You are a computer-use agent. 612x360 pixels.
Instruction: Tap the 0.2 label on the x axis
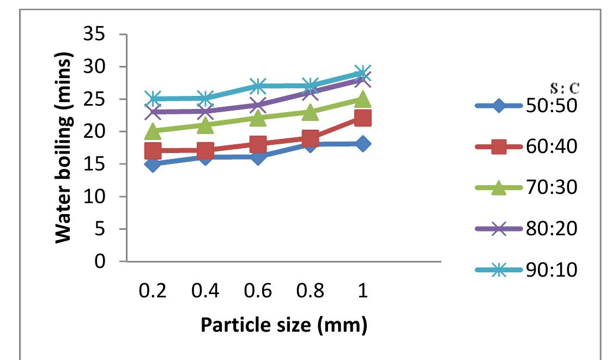[153, 291]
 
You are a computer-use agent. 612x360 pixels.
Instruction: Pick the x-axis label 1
[362, 291]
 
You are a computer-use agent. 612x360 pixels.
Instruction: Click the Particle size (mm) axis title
[284, 325]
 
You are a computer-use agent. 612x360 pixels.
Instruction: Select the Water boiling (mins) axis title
[64, 148]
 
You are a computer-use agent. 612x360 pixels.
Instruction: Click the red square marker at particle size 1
[362, 118]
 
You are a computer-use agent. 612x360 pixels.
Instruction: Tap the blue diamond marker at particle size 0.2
[153, 164]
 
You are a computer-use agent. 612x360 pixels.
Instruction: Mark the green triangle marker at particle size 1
[362, 99]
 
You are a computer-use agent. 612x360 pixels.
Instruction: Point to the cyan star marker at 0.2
[153, 99]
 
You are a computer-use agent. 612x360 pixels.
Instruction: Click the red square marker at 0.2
[153, 151]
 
